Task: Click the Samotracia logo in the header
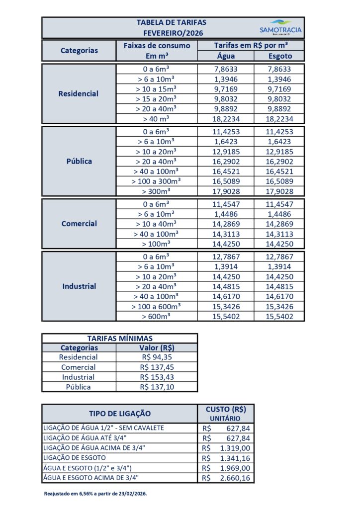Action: click(280, 27)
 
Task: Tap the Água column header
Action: click(226, 56)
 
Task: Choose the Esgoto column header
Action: click(280, 56)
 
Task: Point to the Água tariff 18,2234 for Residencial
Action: click(226, 119)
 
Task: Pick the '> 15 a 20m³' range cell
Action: click(158, 99)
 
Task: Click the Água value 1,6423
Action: click(226, 142)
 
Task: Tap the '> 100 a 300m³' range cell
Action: click(158, 181)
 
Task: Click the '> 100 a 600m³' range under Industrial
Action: click(158, 306)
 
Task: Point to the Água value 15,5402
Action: click(226, 316)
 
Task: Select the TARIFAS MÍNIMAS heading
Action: click(120, 339)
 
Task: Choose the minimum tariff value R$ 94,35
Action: click(157, 357)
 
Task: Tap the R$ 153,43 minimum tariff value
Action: click(157, 377)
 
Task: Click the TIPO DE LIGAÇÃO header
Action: click(120, 414)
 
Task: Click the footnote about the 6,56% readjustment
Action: click(95, 494)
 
